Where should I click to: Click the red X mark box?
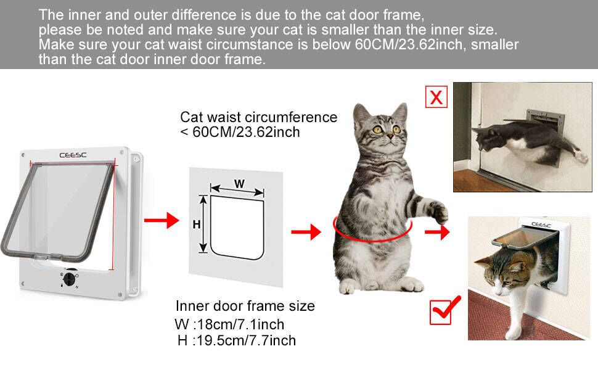[x=436, y=97]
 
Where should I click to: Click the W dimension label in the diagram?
[x=238, y=183]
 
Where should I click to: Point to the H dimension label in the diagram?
[x=197, y=225]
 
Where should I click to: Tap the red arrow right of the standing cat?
[x=437, y=232]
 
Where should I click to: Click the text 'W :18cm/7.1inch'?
[x=230, y=324]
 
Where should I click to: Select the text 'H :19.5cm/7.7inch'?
[x=236, y=340]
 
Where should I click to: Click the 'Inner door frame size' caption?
[x=245, y=306]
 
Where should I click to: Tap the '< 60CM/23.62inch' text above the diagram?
[x=240, y=132]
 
